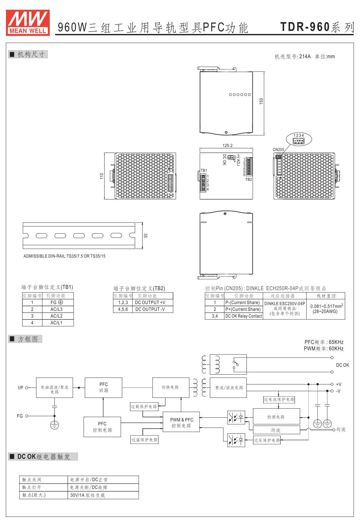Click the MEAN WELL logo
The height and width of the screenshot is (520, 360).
(28, 22)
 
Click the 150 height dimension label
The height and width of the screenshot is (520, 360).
(261, 101)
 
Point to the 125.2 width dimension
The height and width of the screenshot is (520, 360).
(227, 145)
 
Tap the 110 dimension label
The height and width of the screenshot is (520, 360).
(102, 176)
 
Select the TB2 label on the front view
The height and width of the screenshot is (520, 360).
(249, 179)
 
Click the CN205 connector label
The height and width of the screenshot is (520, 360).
(278, 150)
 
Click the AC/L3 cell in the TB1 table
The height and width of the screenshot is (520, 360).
(56, 309)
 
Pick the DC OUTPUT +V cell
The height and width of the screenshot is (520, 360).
(150, 302)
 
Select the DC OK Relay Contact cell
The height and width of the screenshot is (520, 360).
(243, 316)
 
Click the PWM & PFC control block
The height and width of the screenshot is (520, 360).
(182, 423)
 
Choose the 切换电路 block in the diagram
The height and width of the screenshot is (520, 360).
(171, 387)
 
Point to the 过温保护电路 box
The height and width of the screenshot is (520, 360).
(144, 440)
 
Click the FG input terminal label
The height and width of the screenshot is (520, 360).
(20, 416)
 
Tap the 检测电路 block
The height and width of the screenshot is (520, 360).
(276, 417)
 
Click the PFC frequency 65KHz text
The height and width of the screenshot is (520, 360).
(324, 342)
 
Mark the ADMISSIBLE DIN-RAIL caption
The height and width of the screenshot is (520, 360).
(65, 256)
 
